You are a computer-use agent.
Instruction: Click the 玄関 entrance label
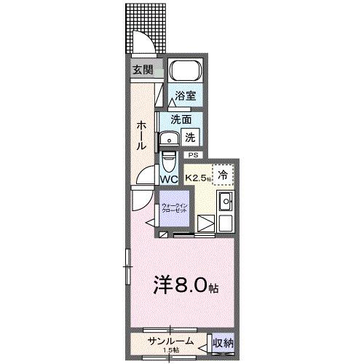[x=142, y=70]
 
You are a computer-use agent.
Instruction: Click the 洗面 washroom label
[x=182, y=119]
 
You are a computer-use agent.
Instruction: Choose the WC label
[x=170, y=178]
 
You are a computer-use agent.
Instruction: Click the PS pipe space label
[x=193, y=155]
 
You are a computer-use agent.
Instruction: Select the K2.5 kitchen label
[x=197, y=176]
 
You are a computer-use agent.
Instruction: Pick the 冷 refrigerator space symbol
[x=223, y=175]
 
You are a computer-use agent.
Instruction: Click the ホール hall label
[x=141, y=135]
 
